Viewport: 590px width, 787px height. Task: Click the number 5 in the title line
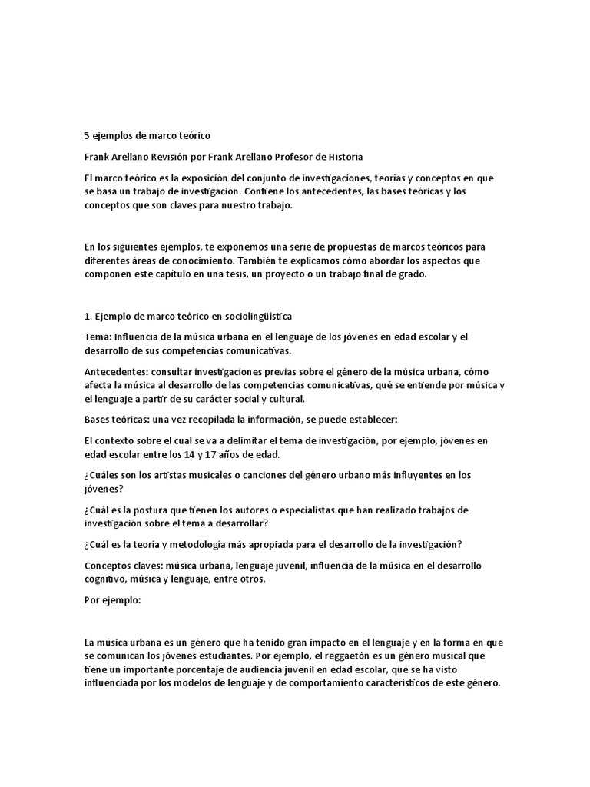(87, 135)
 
